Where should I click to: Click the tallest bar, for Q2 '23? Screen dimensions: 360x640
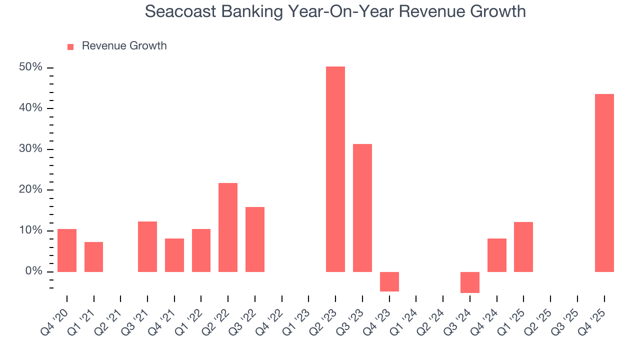335,169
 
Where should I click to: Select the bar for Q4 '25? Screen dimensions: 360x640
604,183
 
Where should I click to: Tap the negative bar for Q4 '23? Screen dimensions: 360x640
389,281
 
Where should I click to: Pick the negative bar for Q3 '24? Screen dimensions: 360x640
469,282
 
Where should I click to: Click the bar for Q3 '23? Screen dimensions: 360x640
362,208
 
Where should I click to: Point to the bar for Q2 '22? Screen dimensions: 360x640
227,227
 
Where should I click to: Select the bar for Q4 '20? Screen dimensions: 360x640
66,250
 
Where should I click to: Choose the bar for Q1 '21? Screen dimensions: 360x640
93,257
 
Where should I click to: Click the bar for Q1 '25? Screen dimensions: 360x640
523,247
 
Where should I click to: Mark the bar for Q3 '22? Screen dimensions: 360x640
254,239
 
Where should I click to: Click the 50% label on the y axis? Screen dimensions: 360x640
30,67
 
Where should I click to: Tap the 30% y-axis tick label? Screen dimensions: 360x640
30,149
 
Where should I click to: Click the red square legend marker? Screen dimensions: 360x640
70,46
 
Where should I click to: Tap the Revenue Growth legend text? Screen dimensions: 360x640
124,46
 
